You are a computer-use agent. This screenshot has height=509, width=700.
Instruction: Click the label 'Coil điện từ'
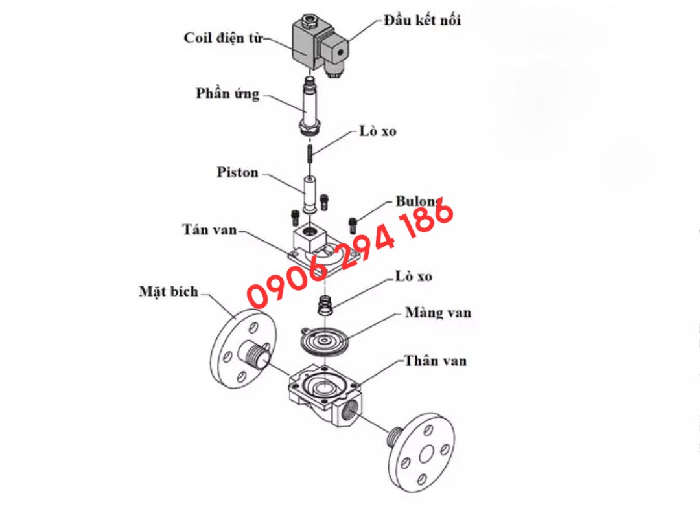[223, 39]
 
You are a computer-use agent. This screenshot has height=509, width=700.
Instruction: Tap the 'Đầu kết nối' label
[422, 20]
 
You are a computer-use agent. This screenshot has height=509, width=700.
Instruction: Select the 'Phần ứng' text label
[227, 94]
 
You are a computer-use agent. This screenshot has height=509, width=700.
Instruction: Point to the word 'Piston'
[237, 173]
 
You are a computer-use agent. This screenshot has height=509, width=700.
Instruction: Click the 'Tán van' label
[209, 230]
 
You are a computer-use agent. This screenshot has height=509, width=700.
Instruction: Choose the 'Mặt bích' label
[169, 292]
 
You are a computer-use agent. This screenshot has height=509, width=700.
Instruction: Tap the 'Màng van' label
[438, 312]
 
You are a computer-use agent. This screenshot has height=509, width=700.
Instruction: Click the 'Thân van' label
[436, 361]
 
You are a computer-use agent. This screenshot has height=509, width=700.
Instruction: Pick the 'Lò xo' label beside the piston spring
[378, 131]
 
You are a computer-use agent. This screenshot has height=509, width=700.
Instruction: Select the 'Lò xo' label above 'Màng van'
[414, 277]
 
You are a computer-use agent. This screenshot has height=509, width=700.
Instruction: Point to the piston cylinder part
[309, 195]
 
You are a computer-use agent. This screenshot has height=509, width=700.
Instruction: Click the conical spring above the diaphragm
[325, 306]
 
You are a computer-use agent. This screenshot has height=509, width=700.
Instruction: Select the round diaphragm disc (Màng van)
[324, 342]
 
